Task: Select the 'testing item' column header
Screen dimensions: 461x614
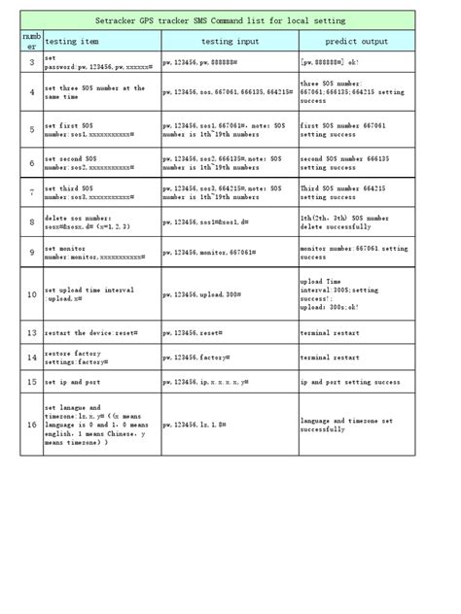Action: (x=72, y=42)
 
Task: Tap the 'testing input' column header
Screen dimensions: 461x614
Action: (x=230, y=42)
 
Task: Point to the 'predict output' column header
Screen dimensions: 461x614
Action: (x=358, y=42)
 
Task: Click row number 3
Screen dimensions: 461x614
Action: (x=31, y=63)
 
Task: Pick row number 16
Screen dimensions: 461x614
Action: (x=31, y=425)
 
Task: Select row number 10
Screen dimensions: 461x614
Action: (x=31, y=293)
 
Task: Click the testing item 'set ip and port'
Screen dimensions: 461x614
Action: (x=72, y=383)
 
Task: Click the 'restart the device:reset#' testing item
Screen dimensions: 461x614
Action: (x=89, y=332)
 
